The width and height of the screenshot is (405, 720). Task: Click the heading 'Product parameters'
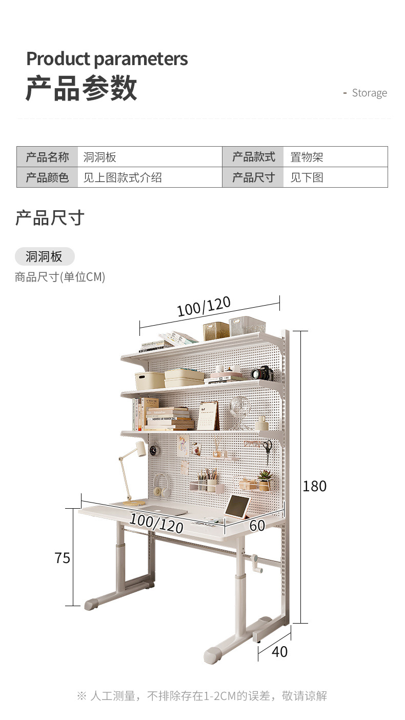[x=107, y=59]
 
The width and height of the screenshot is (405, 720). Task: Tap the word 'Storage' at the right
[x=369, y=93]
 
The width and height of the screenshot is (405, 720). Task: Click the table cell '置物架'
[x=307, y=157]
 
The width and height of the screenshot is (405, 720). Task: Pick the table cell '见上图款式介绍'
[x=123, y=177]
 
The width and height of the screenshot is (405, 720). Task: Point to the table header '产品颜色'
[x=47, y=177]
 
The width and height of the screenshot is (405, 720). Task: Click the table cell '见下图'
[x=307, y=177]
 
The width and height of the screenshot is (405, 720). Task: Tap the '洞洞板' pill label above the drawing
[x=44, y=256]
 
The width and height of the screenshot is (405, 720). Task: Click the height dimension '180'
[x=314, y=486]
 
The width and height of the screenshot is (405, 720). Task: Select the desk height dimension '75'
[x=62, y=558]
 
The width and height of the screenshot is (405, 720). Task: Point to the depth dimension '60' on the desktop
[x=257, y=526]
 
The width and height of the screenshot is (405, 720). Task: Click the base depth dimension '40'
[x=279, y=652]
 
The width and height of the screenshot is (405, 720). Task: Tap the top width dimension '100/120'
[x=204, y=307]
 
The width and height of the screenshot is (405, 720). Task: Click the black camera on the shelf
[x=262, y=373]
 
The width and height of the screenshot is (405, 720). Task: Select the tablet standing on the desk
[x=237, y=507]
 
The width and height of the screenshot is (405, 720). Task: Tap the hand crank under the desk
[x=256, y=562]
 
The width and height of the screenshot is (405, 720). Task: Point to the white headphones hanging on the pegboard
[x=162, y=485]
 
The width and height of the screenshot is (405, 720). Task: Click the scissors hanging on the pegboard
[x=267, y=447]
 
